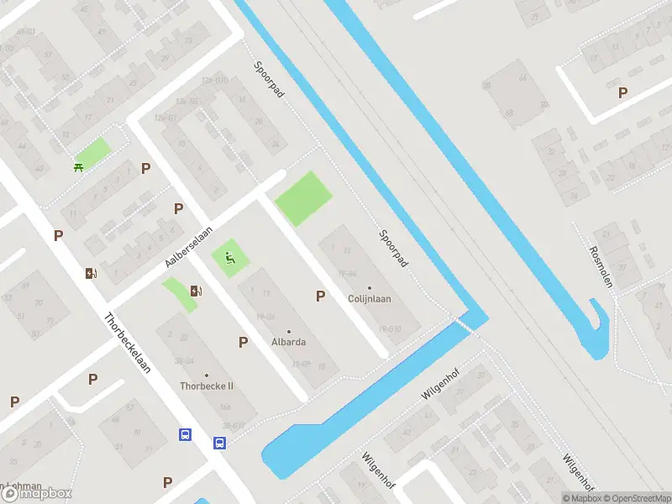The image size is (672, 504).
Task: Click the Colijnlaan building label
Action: click(x=370, y=298)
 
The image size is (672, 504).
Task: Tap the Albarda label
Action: click(x=288, y=342)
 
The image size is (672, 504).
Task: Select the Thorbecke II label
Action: click(x=207, y=386)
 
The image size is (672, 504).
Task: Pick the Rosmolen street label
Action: click(x=601, y=267)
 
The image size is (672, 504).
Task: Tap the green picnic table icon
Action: click(x=79, y=166)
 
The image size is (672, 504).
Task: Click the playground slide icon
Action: click(x=228, y=259)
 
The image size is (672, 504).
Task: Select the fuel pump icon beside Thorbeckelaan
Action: click(x=90, y=272)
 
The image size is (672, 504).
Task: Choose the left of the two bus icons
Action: click(x=185, y=434)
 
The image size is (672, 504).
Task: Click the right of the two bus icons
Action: click(x=219, y=443)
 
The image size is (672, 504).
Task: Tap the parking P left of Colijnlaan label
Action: click(x=319, y=296)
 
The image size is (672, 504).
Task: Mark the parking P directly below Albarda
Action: click(x=243, y=342)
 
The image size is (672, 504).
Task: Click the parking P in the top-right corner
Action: click(x=622, y=93)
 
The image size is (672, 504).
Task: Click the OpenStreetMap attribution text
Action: click(x=637, y=498)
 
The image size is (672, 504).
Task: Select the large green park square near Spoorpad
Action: click(x=303, y=198)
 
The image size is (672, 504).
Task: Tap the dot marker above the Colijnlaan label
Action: click(x=370, y=288)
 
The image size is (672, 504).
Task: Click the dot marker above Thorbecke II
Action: click(x=207, y=375)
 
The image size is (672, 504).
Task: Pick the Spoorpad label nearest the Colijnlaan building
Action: click(x=393, y=249)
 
